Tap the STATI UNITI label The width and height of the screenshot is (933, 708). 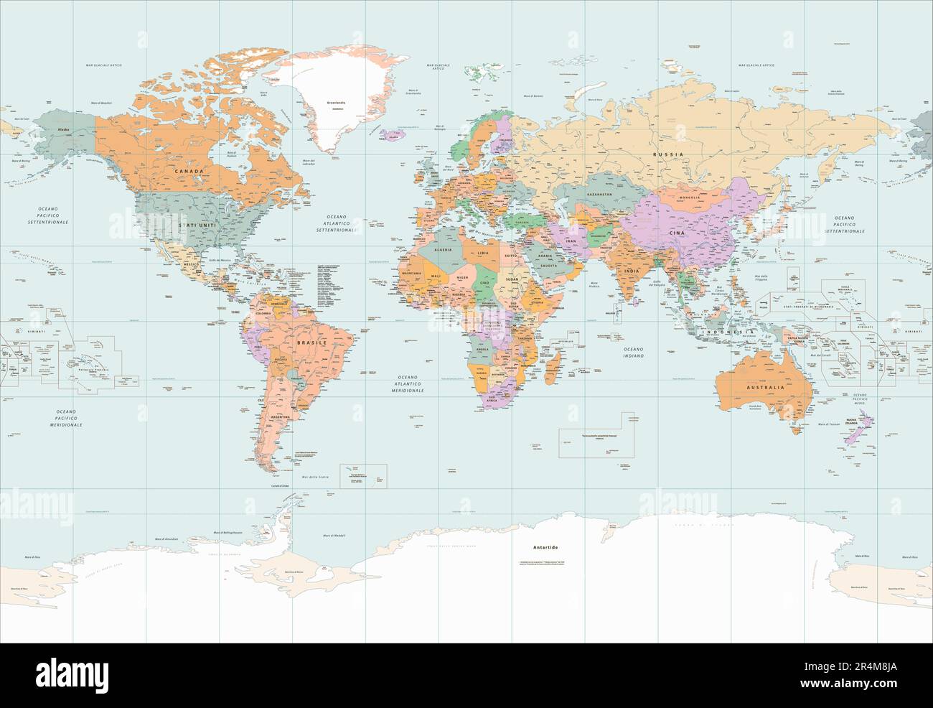point(197,225)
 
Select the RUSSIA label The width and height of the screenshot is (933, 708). point(666,154)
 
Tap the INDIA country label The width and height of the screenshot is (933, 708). point(629,271)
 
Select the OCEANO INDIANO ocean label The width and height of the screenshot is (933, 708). point(633,353)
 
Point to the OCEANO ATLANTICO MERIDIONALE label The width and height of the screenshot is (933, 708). point(410,383)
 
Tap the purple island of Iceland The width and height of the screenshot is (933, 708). point(392,133)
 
